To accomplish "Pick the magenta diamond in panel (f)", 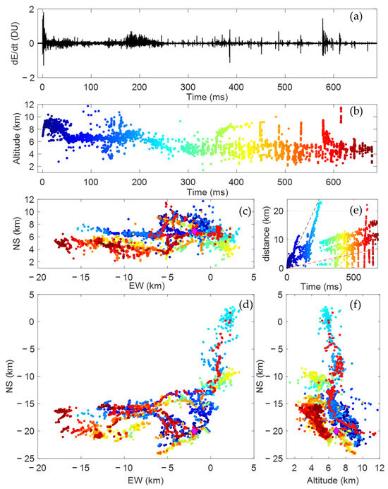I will pos(338,430).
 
